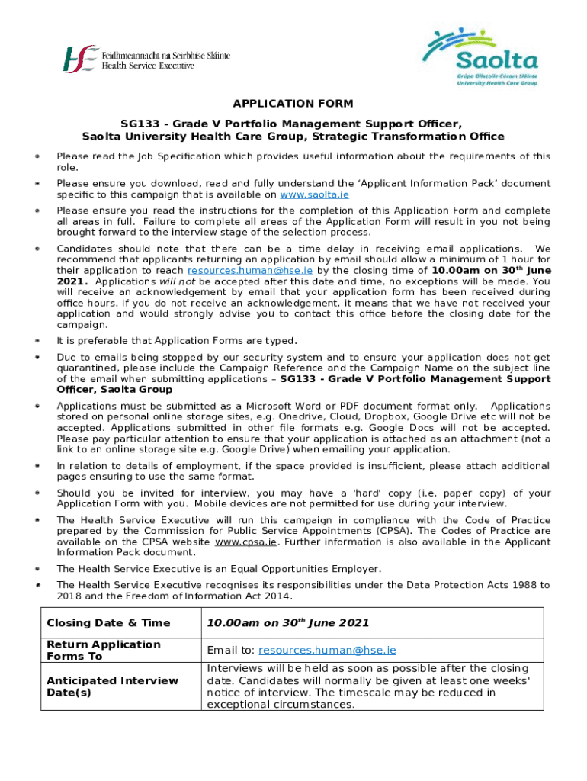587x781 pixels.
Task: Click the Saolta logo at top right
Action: click(480, 57)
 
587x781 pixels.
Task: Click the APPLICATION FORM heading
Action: click(293, 104)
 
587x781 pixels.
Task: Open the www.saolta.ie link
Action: click(319, 194)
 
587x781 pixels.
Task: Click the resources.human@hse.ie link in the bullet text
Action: click(250, 271)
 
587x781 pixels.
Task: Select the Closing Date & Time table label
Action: click(108, 623)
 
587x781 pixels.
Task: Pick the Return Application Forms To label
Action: click(104, 650)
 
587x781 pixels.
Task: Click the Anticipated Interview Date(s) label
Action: click(112, 686)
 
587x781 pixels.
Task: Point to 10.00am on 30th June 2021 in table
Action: click(287, 623)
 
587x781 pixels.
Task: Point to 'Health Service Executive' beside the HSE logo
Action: click(149, 66)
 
